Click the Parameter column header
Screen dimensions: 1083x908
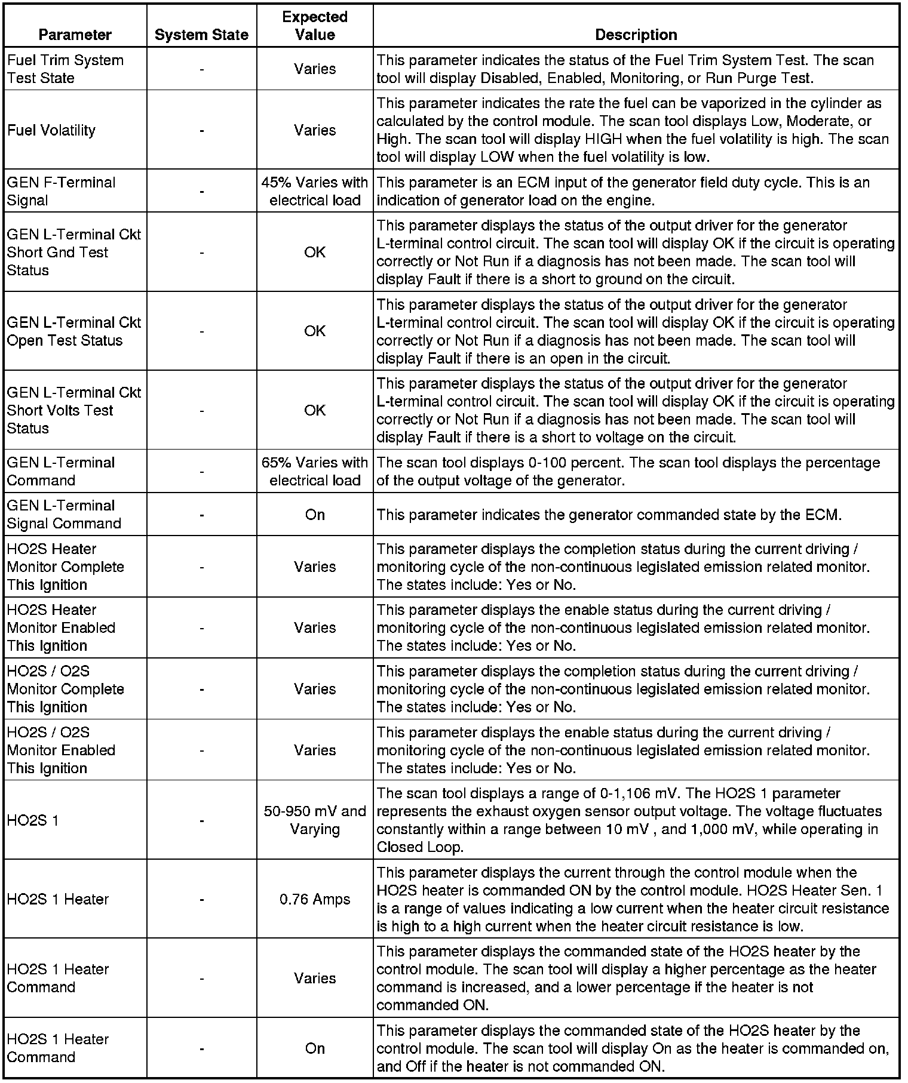click(75, 35)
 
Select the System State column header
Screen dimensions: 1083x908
click(201, 35)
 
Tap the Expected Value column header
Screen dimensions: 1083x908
click(315, 26)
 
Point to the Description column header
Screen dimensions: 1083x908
click(636, 35)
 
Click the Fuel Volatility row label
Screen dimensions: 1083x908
click(51, 130)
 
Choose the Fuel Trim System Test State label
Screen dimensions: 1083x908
click(65, 69)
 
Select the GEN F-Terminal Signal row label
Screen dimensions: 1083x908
click(61, 191)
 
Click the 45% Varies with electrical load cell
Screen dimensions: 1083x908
click(315, 191)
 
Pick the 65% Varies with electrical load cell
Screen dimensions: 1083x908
click(315, 471)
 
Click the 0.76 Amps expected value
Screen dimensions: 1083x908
click(315, 899)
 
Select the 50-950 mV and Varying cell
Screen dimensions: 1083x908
click(315, 820)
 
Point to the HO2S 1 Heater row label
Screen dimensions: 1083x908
click(58, 899)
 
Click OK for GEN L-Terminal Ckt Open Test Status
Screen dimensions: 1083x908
click(315, 331)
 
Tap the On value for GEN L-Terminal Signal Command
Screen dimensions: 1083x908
click(315, 515)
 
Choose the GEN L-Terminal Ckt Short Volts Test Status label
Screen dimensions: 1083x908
click(73, 410)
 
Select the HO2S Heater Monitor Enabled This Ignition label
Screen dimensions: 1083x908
click(61, 627)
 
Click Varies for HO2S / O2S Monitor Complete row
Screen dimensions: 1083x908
click(315, 689)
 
